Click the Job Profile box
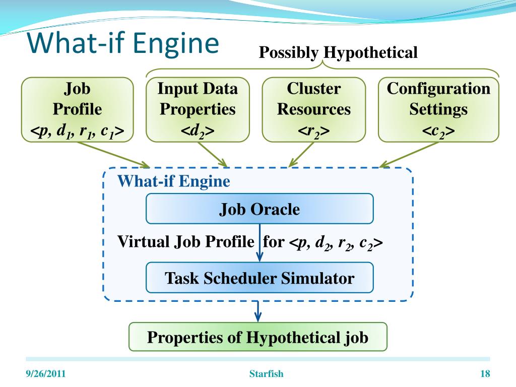[x=77, y=109]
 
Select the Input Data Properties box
[x=198, y=109]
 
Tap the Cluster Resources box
[x=314, y=109]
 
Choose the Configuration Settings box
[x=438, y=109]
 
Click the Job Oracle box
[x=260, y=209]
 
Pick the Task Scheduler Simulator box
[x=260, y=278]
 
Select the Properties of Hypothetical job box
[x=257, y=337]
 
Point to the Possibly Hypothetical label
[x=338, y=52]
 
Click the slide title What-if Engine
[x=123, y=42]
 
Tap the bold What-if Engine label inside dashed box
[x=174, y=181]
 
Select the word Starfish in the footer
[x=267, y=373]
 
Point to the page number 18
[x=485, y=373]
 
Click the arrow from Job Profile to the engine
[x=115, y=155]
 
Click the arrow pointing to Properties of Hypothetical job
[x=258, y=311]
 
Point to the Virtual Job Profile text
[x=185, y=242]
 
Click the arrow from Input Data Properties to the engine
[x=213, y=154]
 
